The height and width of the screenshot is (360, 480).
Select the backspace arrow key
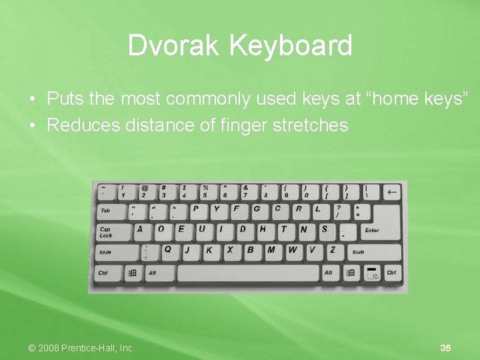(391, 193)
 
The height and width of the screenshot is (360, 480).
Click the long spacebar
(248, 273)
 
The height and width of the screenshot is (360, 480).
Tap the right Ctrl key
(391, 273)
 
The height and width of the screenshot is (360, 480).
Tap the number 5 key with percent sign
(206, 192)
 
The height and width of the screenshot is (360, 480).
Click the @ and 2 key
(145, 192)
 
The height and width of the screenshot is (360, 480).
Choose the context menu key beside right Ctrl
(372, 273)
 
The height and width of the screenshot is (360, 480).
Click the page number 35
(446, 348)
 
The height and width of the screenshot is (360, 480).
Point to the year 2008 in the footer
(48, 348)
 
